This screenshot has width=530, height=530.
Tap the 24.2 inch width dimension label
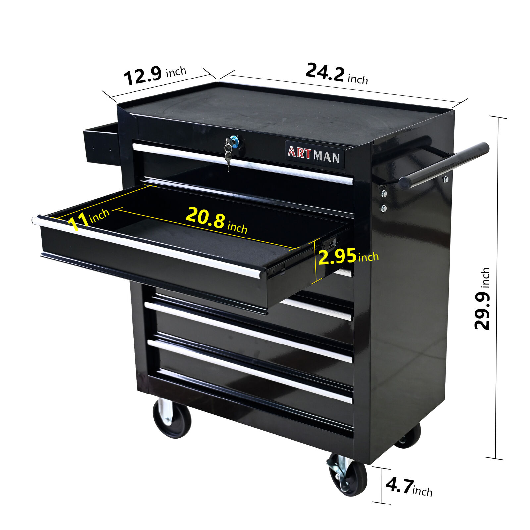point(337,74)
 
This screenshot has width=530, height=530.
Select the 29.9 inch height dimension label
point(482,298)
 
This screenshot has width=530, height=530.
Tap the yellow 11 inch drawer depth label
point(88,219)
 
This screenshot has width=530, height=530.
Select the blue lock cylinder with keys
point(235,142)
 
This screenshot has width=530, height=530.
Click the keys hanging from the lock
point(228,154)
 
